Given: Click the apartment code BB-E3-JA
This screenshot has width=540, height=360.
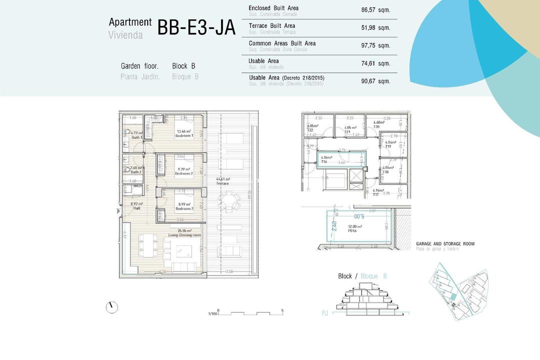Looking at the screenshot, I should coord(196,28).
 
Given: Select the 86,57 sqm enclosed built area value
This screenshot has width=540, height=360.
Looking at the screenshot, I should coord(375,9).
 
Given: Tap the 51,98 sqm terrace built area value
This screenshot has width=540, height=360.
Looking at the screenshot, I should coord(375,27).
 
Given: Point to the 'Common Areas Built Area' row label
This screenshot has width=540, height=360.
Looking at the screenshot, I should coord(282,43).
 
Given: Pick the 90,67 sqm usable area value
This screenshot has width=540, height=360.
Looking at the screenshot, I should coord(375,80).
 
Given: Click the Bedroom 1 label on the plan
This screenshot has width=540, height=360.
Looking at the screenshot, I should coord(184,133).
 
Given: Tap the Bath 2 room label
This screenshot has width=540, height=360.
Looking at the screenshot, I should coord(136,169).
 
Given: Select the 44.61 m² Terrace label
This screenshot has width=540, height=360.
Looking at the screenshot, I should coord(222,181).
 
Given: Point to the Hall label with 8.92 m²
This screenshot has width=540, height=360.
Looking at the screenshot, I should coord(136,206).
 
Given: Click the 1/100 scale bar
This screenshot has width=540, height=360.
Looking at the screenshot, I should coord(250,313).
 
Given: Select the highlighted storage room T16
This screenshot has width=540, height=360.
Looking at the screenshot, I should coord(340,159).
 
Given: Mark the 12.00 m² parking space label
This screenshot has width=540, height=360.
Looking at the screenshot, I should coord(354,228).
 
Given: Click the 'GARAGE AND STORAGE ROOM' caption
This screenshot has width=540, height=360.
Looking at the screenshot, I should coord(445,244).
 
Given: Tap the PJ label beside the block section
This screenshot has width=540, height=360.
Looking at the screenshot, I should coord(325,313).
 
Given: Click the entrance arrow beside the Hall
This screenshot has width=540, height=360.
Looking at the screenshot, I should coord(118,211).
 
